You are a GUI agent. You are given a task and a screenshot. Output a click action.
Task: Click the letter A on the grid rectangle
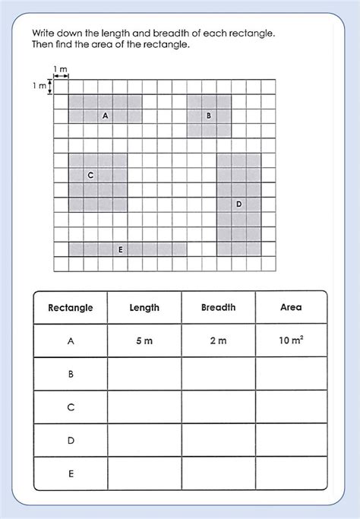(105, 116)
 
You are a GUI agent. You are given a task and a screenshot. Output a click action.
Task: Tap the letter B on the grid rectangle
(208, 116)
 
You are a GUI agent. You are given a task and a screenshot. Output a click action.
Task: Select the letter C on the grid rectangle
(90, 175)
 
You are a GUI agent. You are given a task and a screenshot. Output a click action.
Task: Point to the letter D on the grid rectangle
(238, 204)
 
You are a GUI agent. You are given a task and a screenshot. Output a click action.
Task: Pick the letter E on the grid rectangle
(120, 248)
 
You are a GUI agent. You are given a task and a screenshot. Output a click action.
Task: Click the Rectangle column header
(71, 308)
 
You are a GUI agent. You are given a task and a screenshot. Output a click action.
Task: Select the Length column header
(144, 308)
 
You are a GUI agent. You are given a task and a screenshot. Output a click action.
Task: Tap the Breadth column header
(218, 308)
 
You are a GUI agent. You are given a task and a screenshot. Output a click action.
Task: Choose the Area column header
(290, 308)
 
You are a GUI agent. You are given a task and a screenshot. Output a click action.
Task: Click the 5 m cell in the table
(144, 341)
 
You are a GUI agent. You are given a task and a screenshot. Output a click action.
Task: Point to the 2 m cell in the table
(218, 341)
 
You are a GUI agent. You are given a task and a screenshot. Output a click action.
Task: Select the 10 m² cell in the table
(290, 340)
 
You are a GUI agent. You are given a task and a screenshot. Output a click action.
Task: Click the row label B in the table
(71, 374)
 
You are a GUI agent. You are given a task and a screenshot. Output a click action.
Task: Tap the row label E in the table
(71, 473)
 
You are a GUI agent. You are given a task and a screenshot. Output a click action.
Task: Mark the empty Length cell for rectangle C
(144, 407)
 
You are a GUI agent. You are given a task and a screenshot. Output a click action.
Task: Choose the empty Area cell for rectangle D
(290, 440)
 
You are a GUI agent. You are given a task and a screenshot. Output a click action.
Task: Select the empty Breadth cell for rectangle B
(218, 374)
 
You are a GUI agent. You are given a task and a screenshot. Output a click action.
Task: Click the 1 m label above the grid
(61, 70)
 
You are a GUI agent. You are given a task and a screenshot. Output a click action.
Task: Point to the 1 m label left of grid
(39, 87)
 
